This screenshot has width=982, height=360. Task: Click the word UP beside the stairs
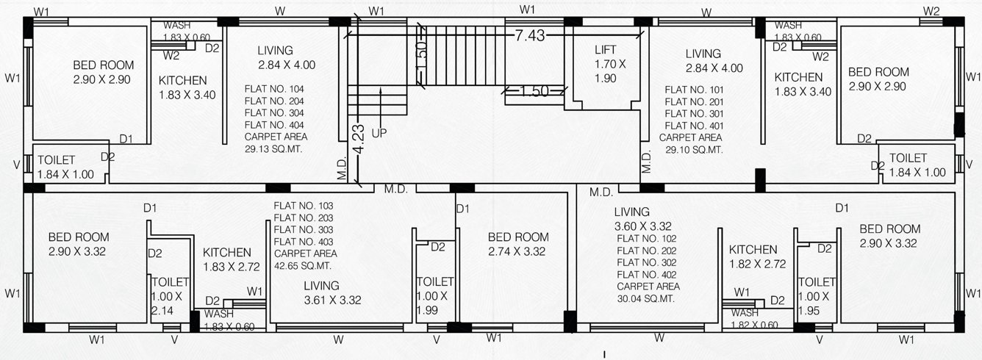(x=379, y=134)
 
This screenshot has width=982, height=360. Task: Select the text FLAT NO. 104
(x=274, y=89)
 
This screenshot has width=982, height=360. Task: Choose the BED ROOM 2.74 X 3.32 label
(x=518, y=244)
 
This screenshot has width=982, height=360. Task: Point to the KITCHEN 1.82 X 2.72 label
(x=753, y=256)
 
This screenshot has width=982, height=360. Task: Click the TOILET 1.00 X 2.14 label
(x=170, y=296)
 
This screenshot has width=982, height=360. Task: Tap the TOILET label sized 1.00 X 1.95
(x=817, y=296)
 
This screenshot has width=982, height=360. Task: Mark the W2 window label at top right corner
(x=931, y=10)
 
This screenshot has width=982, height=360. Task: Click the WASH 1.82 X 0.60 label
(x=755, y=319)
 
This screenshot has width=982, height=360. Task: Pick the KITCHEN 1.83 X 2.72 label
(x=227, y=258)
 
